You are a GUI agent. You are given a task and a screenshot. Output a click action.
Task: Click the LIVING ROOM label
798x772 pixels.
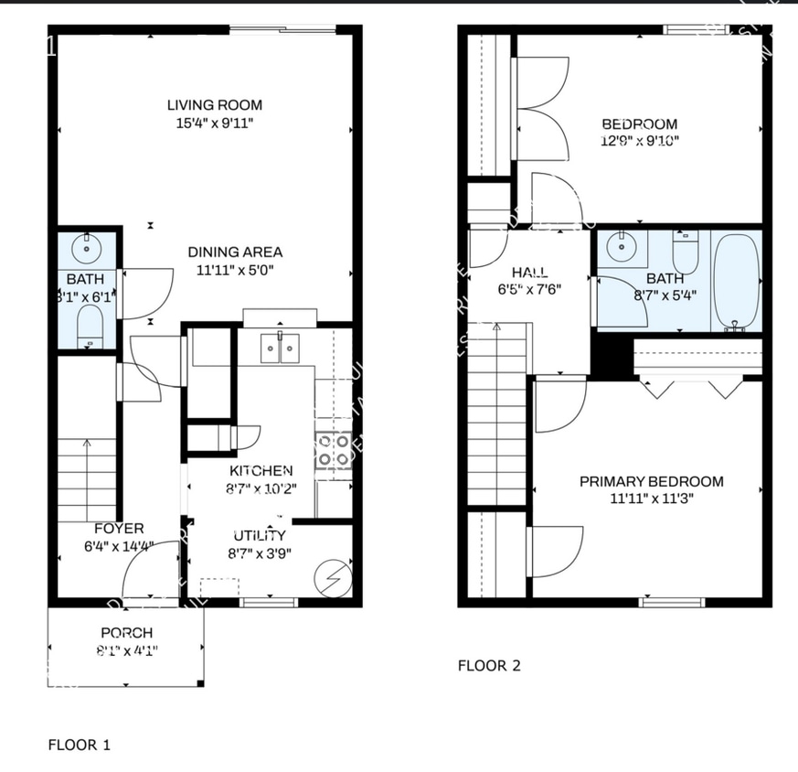pyautogui.click(x=215, y=105)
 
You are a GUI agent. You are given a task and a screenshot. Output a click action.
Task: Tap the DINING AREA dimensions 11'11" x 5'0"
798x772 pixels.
pyautogui.click(x=235, y=270)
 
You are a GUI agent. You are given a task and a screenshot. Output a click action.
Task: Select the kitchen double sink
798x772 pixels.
pyautogui.click(x=281, y=348)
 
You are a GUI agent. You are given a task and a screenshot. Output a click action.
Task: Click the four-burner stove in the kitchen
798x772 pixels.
pyautogui.click(x=334, y=451)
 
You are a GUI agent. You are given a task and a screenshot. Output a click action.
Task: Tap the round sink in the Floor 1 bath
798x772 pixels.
pyautogui.click(x=89, y=246)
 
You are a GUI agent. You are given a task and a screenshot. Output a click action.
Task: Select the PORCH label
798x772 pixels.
pyautogui.click(x=126, y=633)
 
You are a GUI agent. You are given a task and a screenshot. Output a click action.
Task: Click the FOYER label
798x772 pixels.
pyautogui.click(x=119, y=529)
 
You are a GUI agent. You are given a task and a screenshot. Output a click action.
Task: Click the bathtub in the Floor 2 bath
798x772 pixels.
pyautogui.click(x=736, y=282)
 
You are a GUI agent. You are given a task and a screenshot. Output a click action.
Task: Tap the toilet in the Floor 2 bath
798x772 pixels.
pyautogui.click(x=686, y=250)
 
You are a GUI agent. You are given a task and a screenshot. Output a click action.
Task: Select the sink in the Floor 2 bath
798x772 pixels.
pyautogui.click(x=622, y=245)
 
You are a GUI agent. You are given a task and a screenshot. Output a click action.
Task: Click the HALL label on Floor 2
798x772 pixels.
pyautogui.click(x=530, y=272)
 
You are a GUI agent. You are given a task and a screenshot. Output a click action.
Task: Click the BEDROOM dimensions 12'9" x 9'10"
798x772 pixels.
pyautogui.click(x=640, y=141)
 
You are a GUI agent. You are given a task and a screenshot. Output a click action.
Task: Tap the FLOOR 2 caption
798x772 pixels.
pyautogui.click(x=489, y=666)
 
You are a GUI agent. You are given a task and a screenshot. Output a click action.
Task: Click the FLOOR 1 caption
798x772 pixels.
pyautogui.click(x=80, y=745)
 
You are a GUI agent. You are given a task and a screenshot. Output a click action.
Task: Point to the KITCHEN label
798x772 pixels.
pyautogui.click(x=261, y=470)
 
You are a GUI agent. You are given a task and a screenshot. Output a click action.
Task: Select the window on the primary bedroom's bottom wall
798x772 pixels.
pyautogui.click(x=672, y=602)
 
